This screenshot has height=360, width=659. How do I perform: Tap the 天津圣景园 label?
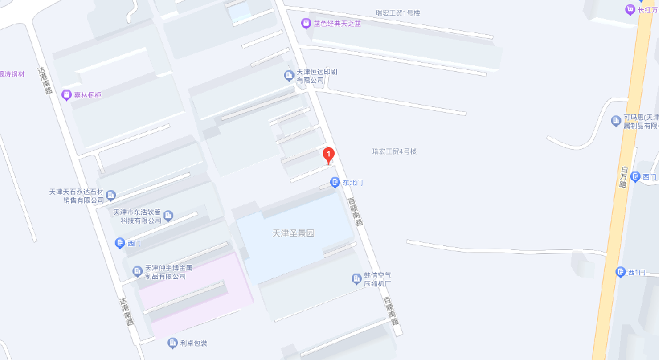coord(294,233)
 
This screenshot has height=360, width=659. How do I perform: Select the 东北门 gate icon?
coord(335,182)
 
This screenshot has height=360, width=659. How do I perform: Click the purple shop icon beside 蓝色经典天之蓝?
coord(306,24)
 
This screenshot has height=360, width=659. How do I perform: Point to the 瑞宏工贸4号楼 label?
coord(394,152)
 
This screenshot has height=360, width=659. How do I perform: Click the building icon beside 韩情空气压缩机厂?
coord(356,280)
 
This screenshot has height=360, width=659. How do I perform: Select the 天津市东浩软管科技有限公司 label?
coord(137,216)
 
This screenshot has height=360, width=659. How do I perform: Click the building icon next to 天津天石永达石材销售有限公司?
coord(111,195)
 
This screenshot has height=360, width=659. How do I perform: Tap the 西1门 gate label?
coord(638,272)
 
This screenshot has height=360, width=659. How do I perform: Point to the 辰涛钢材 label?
coord(12,74)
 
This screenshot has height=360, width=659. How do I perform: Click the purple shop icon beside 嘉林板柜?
coord(66,96)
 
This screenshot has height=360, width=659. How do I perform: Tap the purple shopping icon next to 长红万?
coord(629,9)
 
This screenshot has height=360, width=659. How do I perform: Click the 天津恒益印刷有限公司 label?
coord(310,76)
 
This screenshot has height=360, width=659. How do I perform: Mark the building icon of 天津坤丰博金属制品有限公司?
coord(137,271)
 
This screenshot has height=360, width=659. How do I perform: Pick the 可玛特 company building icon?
coord(616,121)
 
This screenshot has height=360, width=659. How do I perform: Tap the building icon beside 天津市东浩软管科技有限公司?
coord(168,216)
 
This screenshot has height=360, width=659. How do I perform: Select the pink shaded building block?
coord(191,290)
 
